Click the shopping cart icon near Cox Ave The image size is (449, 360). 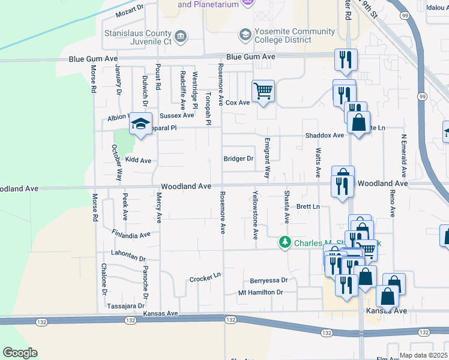(x=263, y=92)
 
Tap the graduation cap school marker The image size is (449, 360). (x=140, y=124)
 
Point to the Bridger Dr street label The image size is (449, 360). (x=239, y=159)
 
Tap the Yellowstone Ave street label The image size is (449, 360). (x=255, y=215)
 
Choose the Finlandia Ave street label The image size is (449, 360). (x=131, y=233)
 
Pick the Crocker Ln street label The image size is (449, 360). (x=205, y=279)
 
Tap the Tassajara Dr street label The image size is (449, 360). (x=123, y=305)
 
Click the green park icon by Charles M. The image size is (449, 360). (x=285, y=243)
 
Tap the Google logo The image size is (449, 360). (x=20, y=353)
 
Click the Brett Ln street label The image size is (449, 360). (x=308, y=206)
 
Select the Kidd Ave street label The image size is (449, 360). (x=138, y=161)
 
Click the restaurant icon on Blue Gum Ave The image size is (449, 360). (x=345, y=59)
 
